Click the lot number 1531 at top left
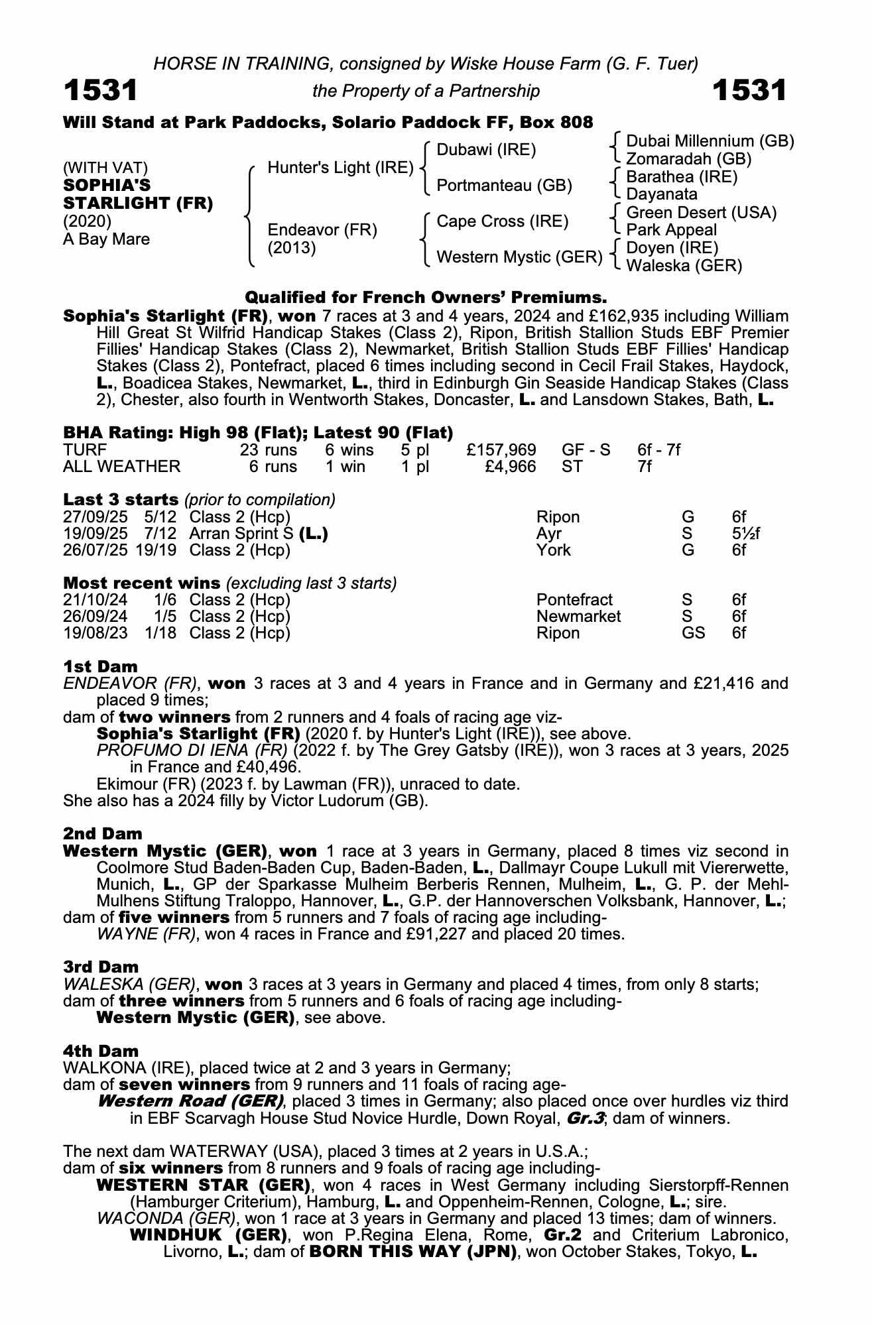pyautogui.click(x=101, y=91)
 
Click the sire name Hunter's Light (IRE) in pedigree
pyautogui.click(x=340, y=168)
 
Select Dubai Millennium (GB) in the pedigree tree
pyautogui.click(x=710, y=141)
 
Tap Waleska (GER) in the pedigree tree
pyautogui.click(x=684, y=266)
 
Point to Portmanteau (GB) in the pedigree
pyautogui.click(x=504, y=186)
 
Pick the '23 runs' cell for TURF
pyautogui.click(x=268, y=450)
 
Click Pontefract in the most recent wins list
pyautogui.click(x=574, y=600)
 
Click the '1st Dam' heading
pyautogui.click(x=100, y=666)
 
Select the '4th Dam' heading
pyautogui.click(x=101, y=1051)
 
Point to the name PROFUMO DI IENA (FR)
pyautogui.click(x=192, y=751)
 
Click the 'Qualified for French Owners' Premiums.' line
pyautogui.click(x=426, y=297)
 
